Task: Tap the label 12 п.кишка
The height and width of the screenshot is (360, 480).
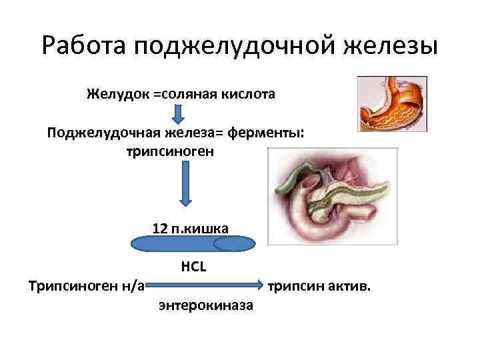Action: pyautogui.click(x=190, y=229)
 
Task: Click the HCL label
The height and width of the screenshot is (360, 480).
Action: pyautogui.click(x=194, y=267)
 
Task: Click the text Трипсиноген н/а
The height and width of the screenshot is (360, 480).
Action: pyautogui.click(x=87, y=287)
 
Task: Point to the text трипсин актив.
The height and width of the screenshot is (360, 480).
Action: pyautogui.click(x=321, y=287)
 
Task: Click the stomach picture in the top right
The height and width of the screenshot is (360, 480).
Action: pyautogui.click(x=391, y=103)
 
